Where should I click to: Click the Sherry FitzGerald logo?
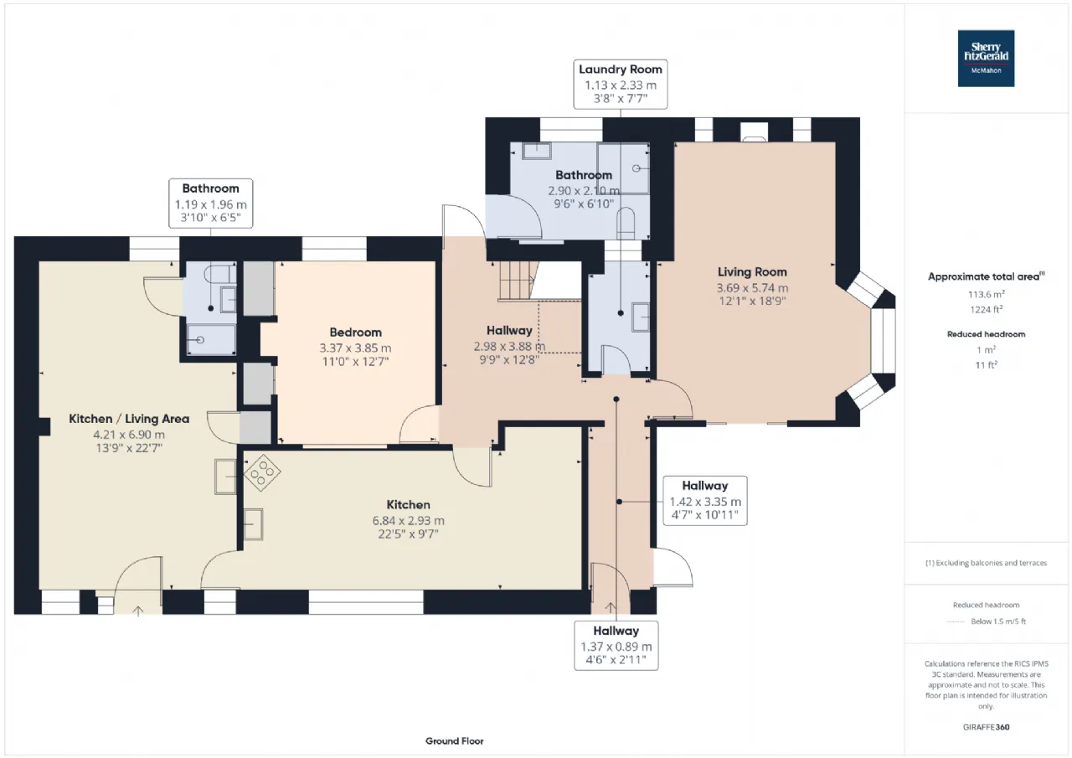click(x=986, y=59)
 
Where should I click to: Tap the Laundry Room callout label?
click(x=621, y=85)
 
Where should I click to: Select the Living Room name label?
click(x=752, y=272)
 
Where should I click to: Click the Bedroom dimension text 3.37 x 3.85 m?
click(x=355, y=348)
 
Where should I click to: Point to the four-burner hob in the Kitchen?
click(x=262, y=472)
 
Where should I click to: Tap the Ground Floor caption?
click(x=454, y=740)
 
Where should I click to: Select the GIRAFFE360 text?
click(x=986, y=727)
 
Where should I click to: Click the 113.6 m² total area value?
click(x=986, y=294)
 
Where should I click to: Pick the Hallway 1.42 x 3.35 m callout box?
click(x=705, y=501)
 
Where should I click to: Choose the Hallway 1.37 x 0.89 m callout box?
click(x=616, y=646)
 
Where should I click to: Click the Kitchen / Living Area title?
click(x=129, y=419)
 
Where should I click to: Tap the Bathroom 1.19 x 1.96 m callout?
click(x=210, y=204)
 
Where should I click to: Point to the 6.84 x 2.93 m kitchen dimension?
click(x=408, y=520)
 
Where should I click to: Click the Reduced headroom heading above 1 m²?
click(x=986, y=334)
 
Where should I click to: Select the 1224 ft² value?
click(x=986, y=309)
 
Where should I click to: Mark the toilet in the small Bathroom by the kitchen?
click(x=219, y=275)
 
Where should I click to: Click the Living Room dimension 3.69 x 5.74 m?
click(x=752, y=287)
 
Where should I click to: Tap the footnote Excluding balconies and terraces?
click(x=986, y=563)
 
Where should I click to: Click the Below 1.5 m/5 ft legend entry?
click(x=998, y=621)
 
